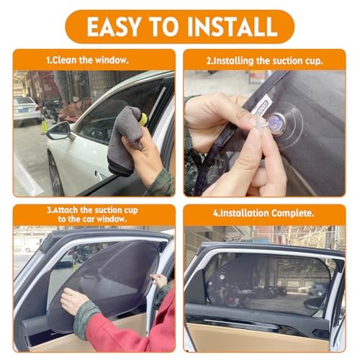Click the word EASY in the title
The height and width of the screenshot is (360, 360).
[114, 27]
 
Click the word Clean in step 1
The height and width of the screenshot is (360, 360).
[65, 60]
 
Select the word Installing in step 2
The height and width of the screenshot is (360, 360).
[233, 61]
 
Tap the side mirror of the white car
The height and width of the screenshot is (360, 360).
[59, 130]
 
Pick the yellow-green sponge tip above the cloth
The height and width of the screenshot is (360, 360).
[143, 120]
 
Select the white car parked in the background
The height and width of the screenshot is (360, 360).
[26, 110]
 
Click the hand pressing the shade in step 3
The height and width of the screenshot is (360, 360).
[73, 301]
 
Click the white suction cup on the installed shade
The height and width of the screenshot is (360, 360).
[222, 277]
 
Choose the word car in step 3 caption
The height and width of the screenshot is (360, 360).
[89, 219]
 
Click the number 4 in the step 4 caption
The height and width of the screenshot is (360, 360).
[215, 213]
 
